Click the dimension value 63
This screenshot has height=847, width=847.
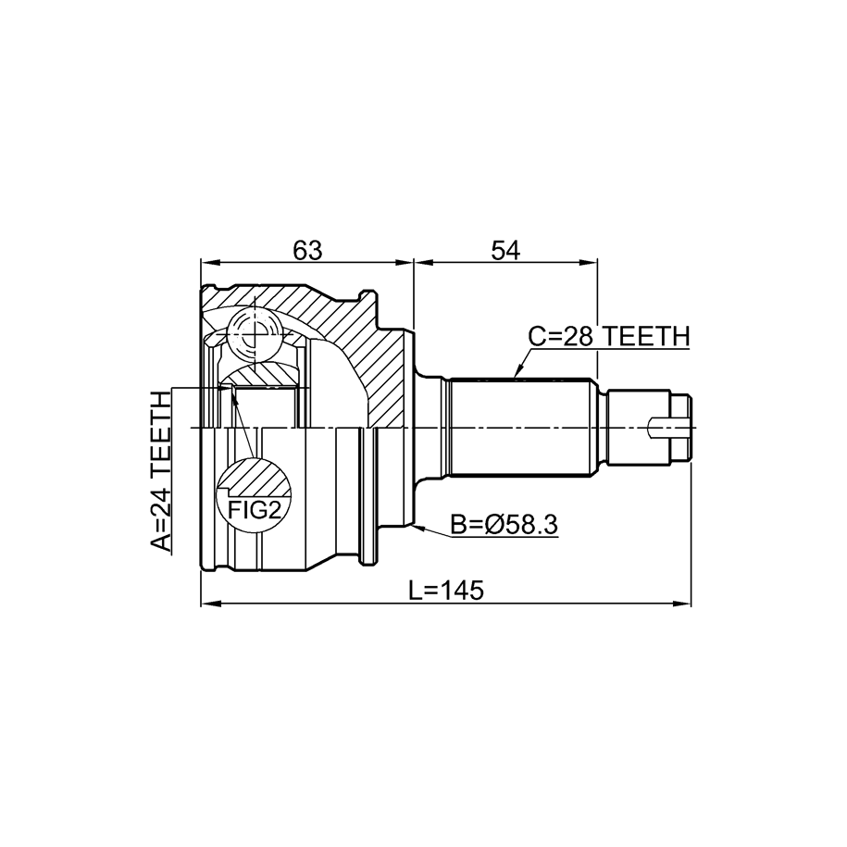(x=307, y=250)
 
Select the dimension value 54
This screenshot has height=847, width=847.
(x=505, y=250)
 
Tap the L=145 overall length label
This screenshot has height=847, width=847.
(x=445, y=591)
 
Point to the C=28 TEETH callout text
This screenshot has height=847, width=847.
(x=609, y=337)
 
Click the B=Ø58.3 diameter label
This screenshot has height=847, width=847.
(x=504, y=525)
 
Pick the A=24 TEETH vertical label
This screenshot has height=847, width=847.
(x=160, y=471)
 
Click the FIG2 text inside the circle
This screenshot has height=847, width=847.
(x=255, y=510)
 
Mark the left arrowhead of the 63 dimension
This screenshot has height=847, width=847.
(x=209, y=263)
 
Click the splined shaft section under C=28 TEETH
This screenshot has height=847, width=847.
(x=518, y=429)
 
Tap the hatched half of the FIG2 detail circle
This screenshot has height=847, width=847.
(x=255, y=478)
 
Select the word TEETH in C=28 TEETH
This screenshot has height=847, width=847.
(x=646, y=337)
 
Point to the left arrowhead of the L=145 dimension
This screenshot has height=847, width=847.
(x=209, y=604)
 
